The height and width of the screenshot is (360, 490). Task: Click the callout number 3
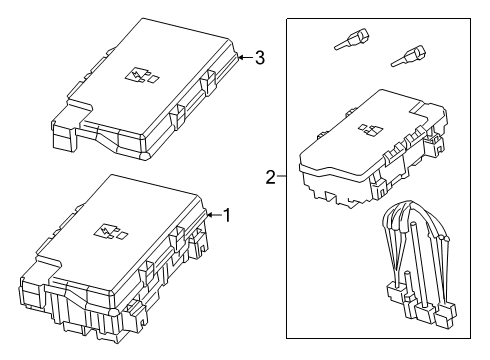pos(259,57)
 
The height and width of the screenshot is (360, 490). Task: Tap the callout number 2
pos(270,178)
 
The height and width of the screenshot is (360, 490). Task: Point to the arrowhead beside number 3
pos(241,58)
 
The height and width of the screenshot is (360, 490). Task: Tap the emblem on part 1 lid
pos(104,232)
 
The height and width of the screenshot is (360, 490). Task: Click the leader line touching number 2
pos(281,178)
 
